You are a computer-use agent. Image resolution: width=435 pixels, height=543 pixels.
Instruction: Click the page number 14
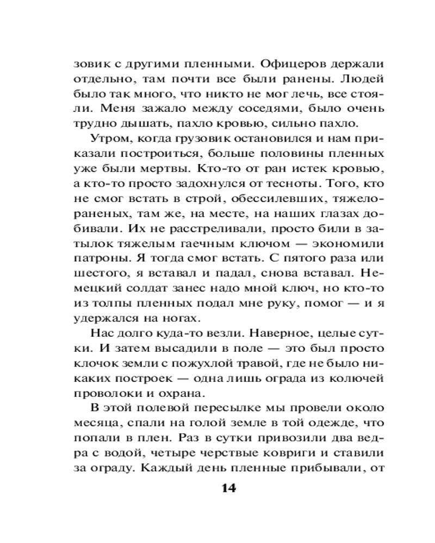pyautogui.click(x=229, y=488)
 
